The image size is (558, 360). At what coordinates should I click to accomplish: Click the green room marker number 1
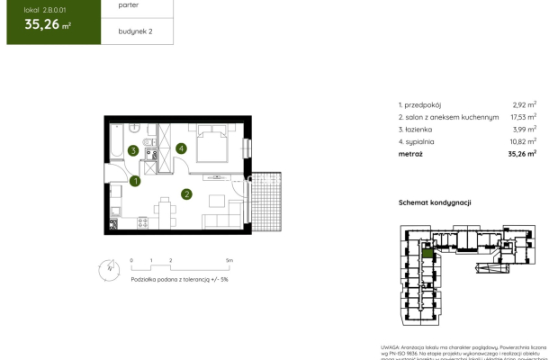point(135,182)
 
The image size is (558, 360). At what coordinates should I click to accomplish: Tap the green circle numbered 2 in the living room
point(186,193)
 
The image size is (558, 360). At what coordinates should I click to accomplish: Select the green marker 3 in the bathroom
point(132,151)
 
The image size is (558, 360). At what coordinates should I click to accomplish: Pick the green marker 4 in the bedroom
point(181,148)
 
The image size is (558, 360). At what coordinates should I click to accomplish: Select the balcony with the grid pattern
point(266,199)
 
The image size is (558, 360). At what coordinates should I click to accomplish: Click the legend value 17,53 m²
point(519,117)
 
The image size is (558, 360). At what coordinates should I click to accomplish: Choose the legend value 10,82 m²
point(519,141)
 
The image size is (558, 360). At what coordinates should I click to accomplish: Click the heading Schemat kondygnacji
point(435,203)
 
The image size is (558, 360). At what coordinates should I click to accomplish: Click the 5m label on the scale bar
point(229,260)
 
